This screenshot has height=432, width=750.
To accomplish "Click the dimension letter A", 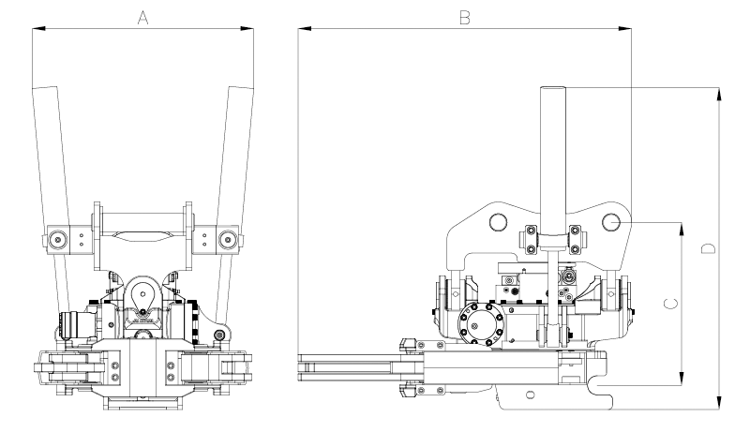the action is click(x=142, y=18).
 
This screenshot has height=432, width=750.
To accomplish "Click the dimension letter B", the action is click(x=464, y=18).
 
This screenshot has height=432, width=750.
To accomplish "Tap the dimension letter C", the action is click(x=670, y=304).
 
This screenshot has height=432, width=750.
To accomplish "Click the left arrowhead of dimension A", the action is click(x=38, y=29).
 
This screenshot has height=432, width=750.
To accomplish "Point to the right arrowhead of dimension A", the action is click(x=247, y=29).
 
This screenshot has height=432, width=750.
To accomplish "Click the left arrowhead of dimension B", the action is click(x=304, y=29).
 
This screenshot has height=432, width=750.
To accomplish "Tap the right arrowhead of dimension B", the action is click(x=624, y=29).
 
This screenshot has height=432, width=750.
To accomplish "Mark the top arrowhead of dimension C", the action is click(x=682, y=229).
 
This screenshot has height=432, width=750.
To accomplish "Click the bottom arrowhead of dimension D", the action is click(x=719, y=403).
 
